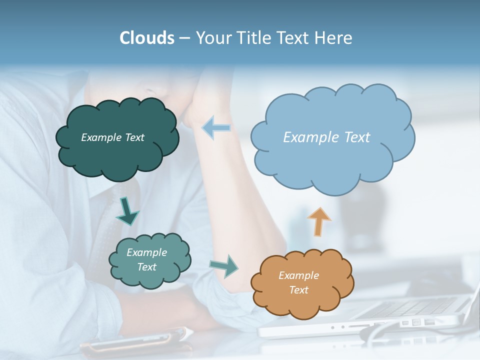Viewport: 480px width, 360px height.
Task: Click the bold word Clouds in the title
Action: pyautogui.click(x=147, y=38)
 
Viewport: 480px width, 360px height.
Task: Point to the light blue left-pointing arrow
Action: pyautogui.click(x=216, y=127)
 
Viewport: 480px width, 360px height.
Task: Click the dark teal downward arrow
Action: pyautogui.click(x=127, y=210)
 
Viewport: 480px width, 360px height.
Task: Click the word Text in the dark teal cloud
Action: pyautogui.click(x=135, y=137)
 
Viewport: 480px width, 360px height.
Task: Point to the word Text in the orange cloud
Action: pyautogui.click(x=298, y=290)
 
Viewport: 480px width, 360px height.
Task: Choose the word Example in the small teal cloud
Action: pyautogui.click(x=146, y=252)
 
